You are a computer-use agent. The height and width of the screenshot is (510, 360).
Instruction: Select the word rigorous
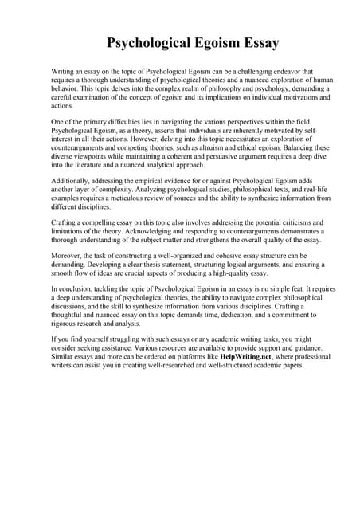(66, 344)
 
